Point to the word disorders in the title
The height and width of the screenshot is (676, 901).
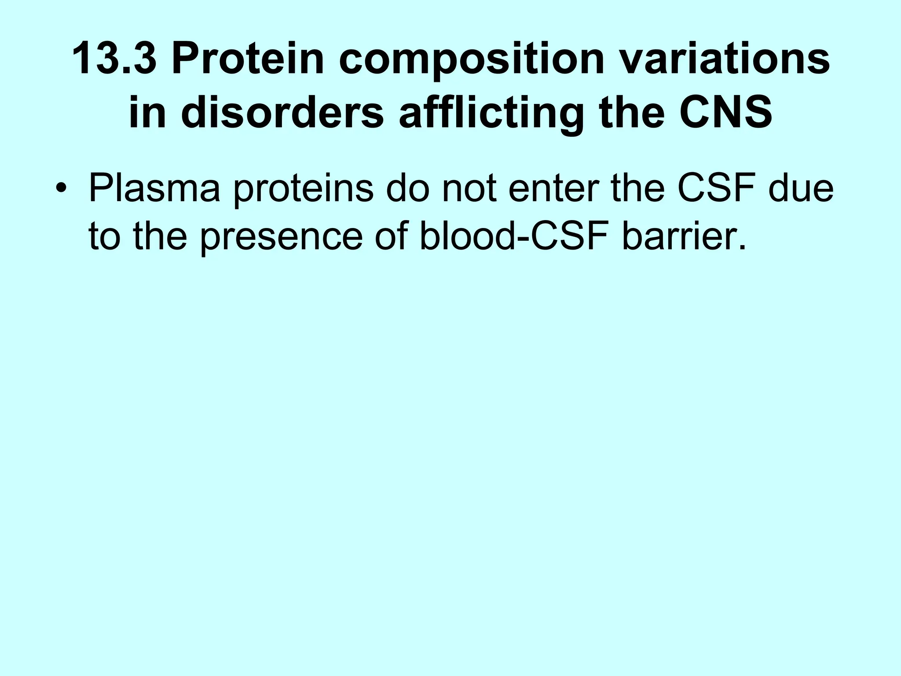(x=282, y=113)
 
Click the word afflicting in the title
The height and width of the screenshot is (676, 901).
(x=492, y=113)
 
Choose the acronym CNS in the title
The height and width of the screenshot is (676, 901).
(x=725, y=113)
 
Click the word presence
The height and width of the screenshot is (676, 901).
(x=282, y=238)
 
